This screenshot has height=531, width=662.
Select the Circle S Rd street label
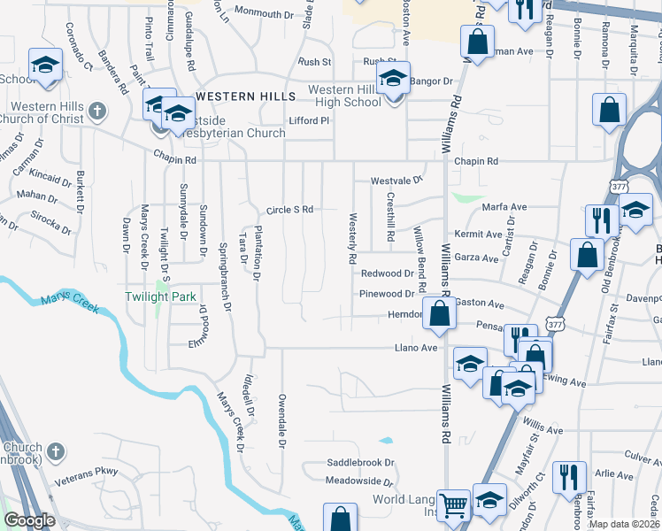pyautogui.click(x=290, y=210)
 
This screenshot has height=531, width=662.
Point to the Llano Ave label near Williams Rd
pyautogui.click(x=416, y=348)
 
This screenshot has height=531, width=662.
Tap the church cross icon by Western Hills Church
pyautogui.click(x=97, y=112)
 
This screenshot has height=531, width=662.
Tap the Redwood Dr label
pyautogui.click(x=387, y=274)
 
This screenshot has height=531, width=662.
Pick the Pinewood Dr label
pyautogui.click(x=387, y=294)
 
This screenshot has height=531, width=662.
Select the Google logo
pyautogui.click(x=29, y=520)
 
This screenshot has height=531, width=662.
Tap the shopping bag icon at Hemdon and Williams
pyautogui.click(x=439, y=313)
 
